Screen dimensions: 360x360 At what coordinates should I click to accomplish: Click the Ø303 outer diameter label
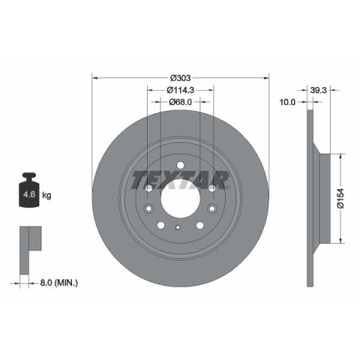click(x=180, y=78)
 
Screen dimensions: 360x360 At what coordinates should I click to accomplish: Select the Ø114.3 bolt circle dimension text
click(x=180, y=90)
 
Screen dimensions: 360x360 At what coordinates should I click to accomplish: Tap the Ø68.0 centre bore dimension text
click(x=180, y=102)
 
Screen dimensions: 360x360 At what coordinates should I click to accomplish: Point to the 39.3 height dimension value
click(x=319, y=90)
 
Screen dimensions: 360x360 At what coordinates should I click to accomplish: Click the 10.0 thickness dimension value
click(x=287, y=102)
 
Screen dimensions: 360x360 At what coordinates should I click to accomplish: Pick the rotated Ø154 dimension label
click(x=340, y=199)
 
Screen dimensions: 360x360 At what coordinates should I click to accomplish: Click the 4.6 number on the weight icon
click(x=29, y=194)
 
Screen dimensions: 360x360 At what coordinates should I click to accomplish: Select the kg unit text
click(x=46, y=195)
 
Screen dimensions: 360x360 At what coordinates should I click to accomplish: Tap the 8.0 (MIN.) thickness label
click(x=59, y=283)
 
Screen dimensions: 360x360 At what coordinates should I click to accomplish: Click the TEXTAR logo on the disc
click(x=180, y=180)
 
